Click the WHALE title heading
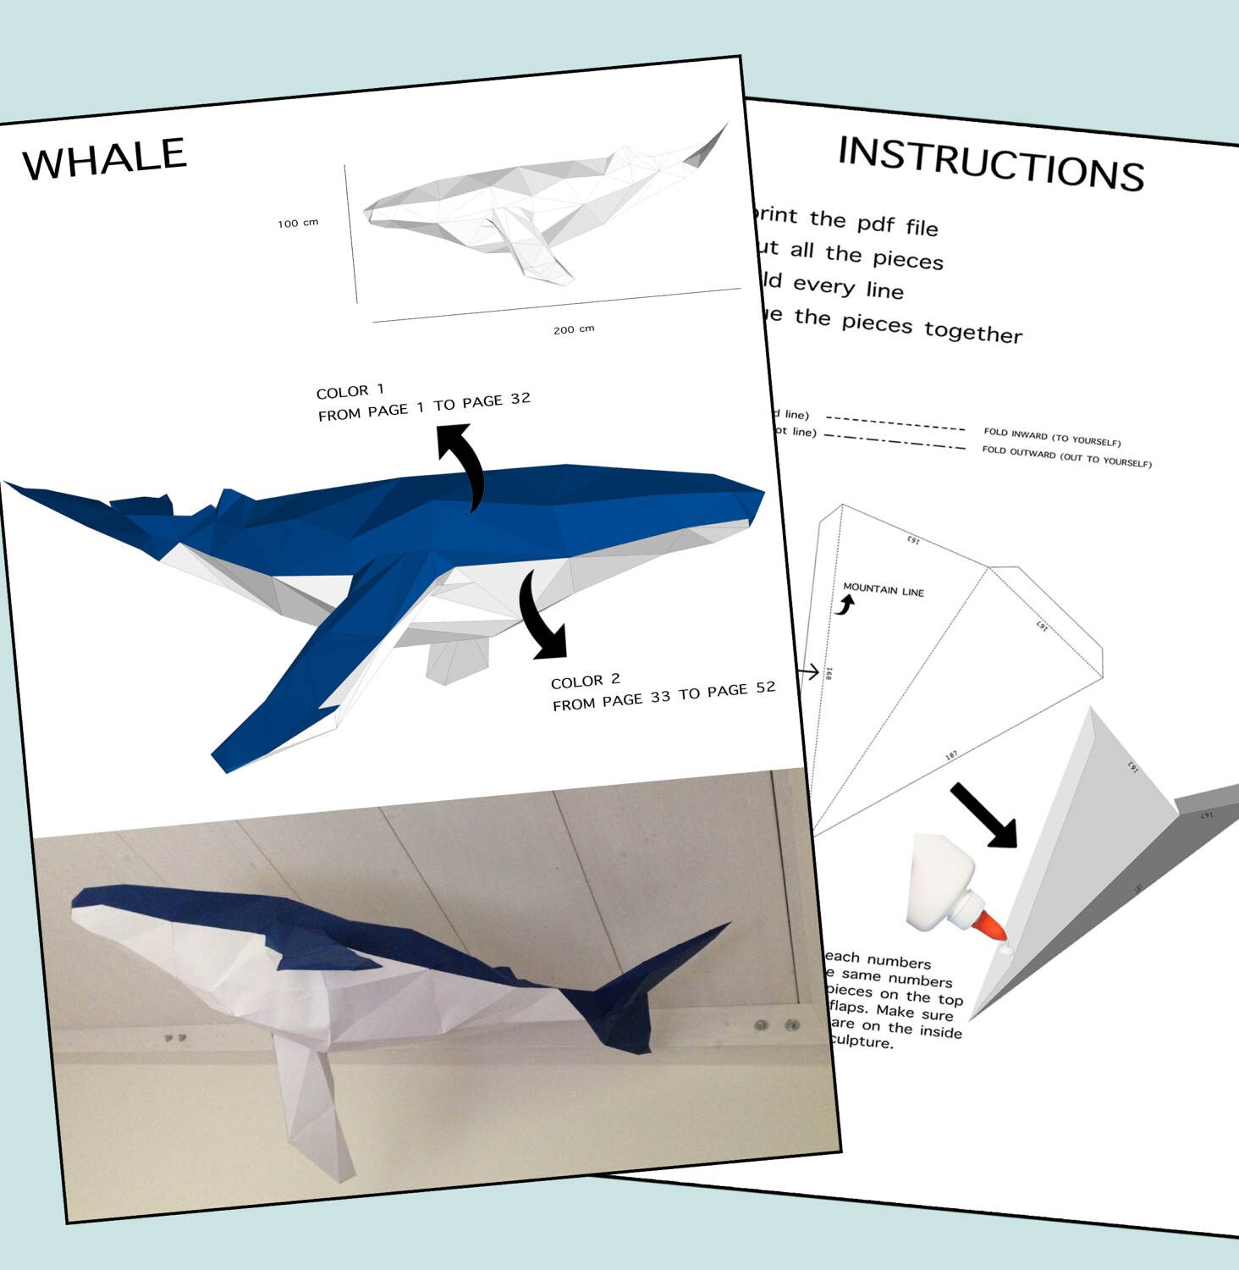tap(104, 158)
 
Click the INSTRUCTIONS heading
tap(990, 163)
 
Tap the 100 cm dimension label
tap(298, 223)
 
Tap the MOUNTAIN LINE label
tap(884, 589)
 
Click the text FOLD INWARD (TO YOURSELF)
tap(1052, 437)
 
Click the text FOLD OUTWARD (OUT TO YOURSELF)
tap(1066, 456)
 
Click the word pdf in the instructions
tap(876, 223)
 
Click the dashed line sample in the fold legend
tap(895, 423)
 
